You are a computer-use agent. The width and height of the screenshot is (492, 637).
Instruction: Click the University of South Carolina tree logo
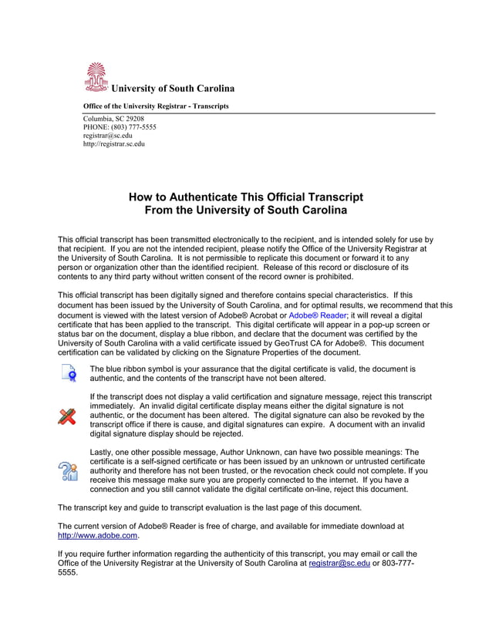[x=96, y=78]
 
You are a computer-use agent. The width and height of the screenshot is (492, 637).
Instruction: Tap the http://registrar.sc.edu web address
[x=113, y=143]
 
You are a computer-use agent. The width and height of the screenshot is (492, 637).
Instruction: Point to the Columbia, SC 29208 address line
[x=113, y=118]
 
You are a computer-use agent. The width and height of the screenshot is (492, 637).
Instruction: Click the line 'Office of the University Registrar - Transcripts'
[x=156, y=106]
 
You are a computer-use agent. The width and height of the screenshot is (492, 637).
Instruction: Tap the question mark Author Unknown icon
[x=69, y=470]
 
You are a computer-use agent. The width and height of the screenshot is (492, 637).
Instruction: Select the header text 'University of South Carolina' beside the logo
[x=173, y=89]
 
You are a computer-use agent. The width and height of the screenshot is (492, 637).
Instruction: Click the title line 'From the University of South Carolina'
[x=246, y=211]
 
